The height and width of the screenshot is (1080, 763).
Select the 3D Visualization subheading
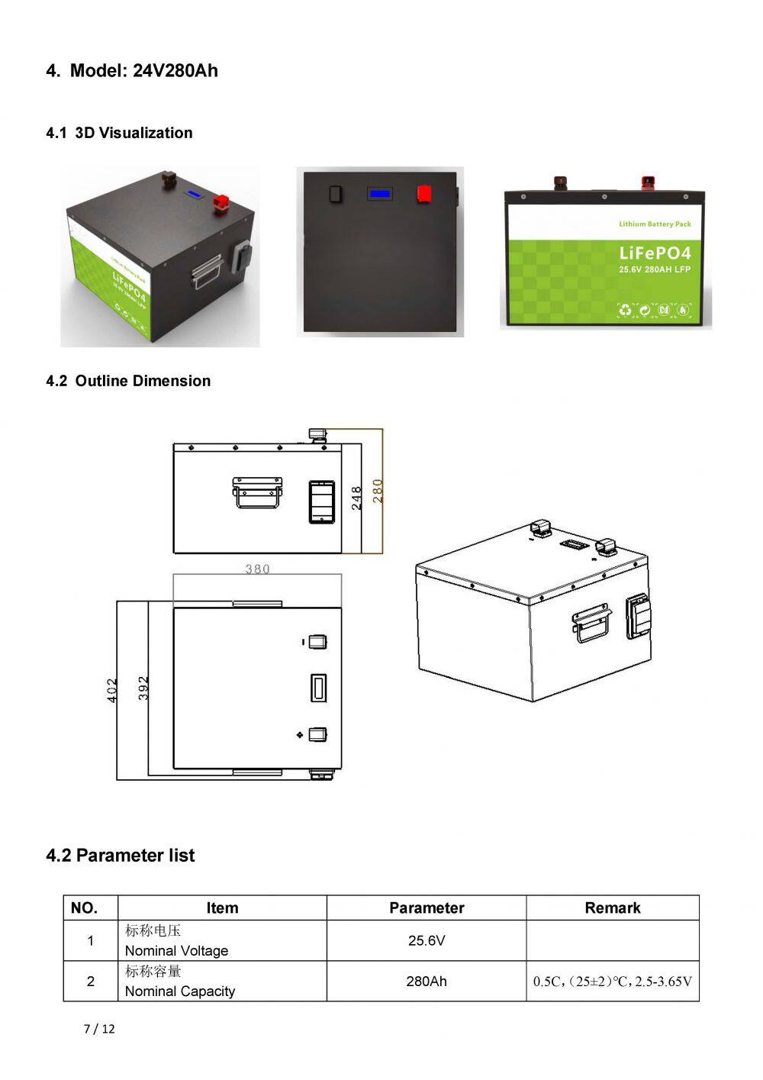(119, 133)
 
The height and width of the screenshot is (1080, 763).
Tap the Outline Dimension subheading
(128, 381)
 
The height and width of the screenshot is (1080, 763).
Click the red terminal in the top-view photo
(425, 194)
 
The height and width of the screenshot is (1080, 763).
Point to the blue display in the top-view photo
(379, 194)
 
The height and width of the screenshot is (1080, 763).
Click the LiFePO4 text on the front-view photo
(655, 253)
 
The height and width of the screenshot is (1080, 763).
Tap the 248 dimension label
(356, 498)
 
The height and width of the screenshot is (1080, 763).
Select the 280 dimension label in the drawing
(378, 490)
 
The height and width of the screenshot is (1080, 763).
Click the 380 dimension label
(257, 569)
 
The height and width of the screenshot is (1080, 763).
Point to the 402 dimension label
(112, 690)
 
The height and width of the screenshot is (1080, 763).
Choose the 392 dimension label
(143, 688)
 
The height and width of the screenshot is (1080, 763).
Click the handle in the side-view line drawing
(258, 492)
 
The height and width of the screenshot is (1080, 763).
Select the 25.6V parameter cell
(427, 940)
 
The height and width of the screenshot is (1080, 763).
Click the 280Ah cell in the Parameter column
(427, 981)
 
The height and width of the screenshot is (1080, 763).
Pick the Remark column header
(612, 908)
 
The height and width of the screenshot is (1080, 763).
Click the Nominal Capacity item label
(180, 991)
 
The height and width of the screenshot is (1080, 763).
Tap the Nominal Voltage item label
(176, 950)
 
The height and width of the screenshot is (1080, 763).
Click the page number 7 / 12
(99, 1029)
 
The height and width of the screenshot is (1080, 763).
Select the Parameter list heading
(120, 856)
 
